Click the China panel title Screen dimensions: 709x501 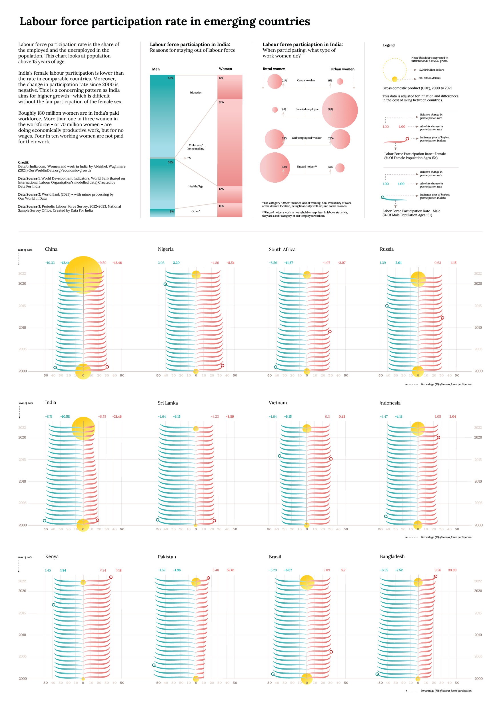tap(51, 249)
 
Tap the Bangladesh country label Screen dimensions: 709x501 tap(392, 556)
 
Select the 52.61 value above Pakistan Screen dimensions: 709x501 tap(231, 570)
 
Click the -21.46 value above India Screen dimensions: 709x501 tap(117, 417)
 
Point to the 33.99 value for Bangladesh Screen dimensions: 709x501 tap(452, 570)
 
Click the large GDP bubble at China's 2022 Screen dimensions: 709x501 tap(83, 275)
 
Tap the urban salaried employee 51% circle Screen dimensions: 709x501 tap(340, 110)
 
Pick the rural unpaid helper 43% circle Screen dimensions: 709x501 tap(274, 167)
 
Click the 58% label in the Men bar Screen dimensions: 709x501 tap(171, 78)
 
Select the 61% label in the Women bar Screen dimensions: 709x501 tap(221, 102)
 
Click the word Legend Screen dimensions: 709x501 tap(389, 45)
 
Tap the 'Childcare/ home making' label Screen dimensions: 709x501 tap(196, 147)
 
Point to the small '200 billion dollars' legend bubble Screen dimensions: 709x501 tap(394, 79)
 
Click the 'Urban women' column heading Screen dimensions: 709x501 tap(342, 69)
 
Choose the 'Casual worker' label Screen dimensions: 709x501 tap(306, 80)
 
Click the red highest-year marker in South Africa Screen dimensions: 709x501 tap(330, 332)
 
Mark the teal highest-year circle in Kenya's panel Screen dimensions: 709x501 tap(53, 605)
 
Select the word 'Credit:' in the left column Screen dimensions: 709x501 tap(23, 162)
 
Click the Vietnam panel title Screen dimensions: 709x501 tap(278, 403)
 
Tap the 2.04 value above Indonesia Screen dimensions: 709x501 tap(452, 417)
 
